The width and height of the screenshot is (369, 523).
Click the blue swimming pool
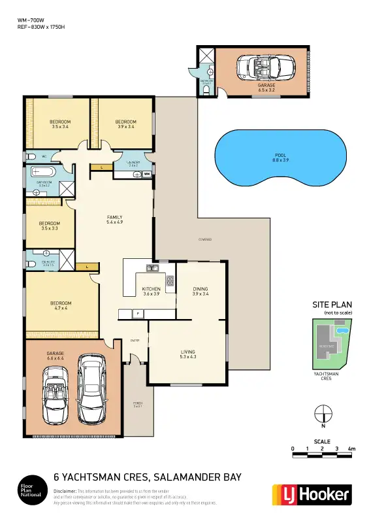[x=280, y=158]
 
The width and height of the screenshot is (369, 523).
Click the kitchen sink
[x=152, y=267]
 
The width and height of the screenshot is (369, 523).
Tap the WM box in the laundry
[x=147, y=174]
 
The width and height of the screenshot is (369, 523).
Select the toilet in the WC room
[x=32, y=157]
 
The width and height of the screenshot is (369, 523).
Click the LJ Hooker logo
[x=311, y=495]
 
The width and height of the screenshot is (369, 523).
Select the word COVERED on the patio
[x=205, y=240]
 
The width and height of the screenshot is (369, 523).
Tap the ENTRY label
[x=135, y=341]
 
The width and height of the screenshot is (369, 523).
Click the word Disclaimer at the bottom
[x=65, y=490]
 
